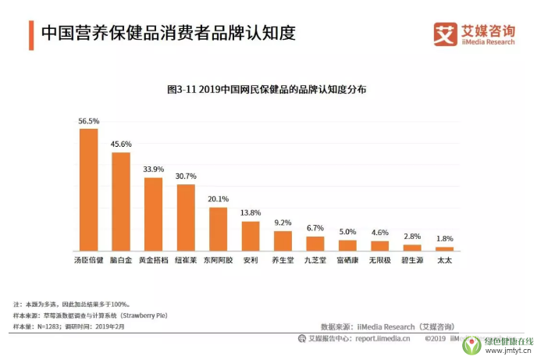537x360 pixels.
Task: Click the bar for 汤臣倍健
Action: point(89,190)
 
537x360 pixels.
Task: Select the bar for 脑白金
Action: point(121,201)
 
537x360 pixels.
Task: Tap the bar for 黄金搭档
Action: point(153,214)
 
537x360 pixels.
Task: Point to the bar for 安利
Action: point(250,236)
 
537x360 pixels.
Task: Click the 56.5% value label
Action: point(89,122)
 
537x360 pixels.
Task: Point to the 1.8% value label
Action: point(444,239)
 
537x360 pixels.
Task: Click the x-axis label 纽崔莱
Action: point(186,259)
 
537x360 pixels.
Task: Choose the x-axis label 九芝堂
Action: point(315,259)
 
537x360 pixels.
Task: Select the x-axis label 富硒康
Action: point(347,259)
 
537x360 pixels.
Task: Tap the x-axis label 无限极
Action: point(379,259)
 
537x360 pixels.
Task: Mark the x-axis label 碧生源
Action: point(412,259)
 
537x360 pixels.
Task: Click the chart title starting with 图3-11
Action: point(267,90)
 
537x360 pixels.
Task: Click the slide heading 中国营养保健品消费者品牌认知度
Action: point(169,34)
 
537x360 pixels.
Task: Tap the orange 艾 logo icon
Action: point(445,33)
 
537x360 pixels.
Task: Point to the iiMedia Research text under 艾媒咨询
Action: point(486,42)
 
